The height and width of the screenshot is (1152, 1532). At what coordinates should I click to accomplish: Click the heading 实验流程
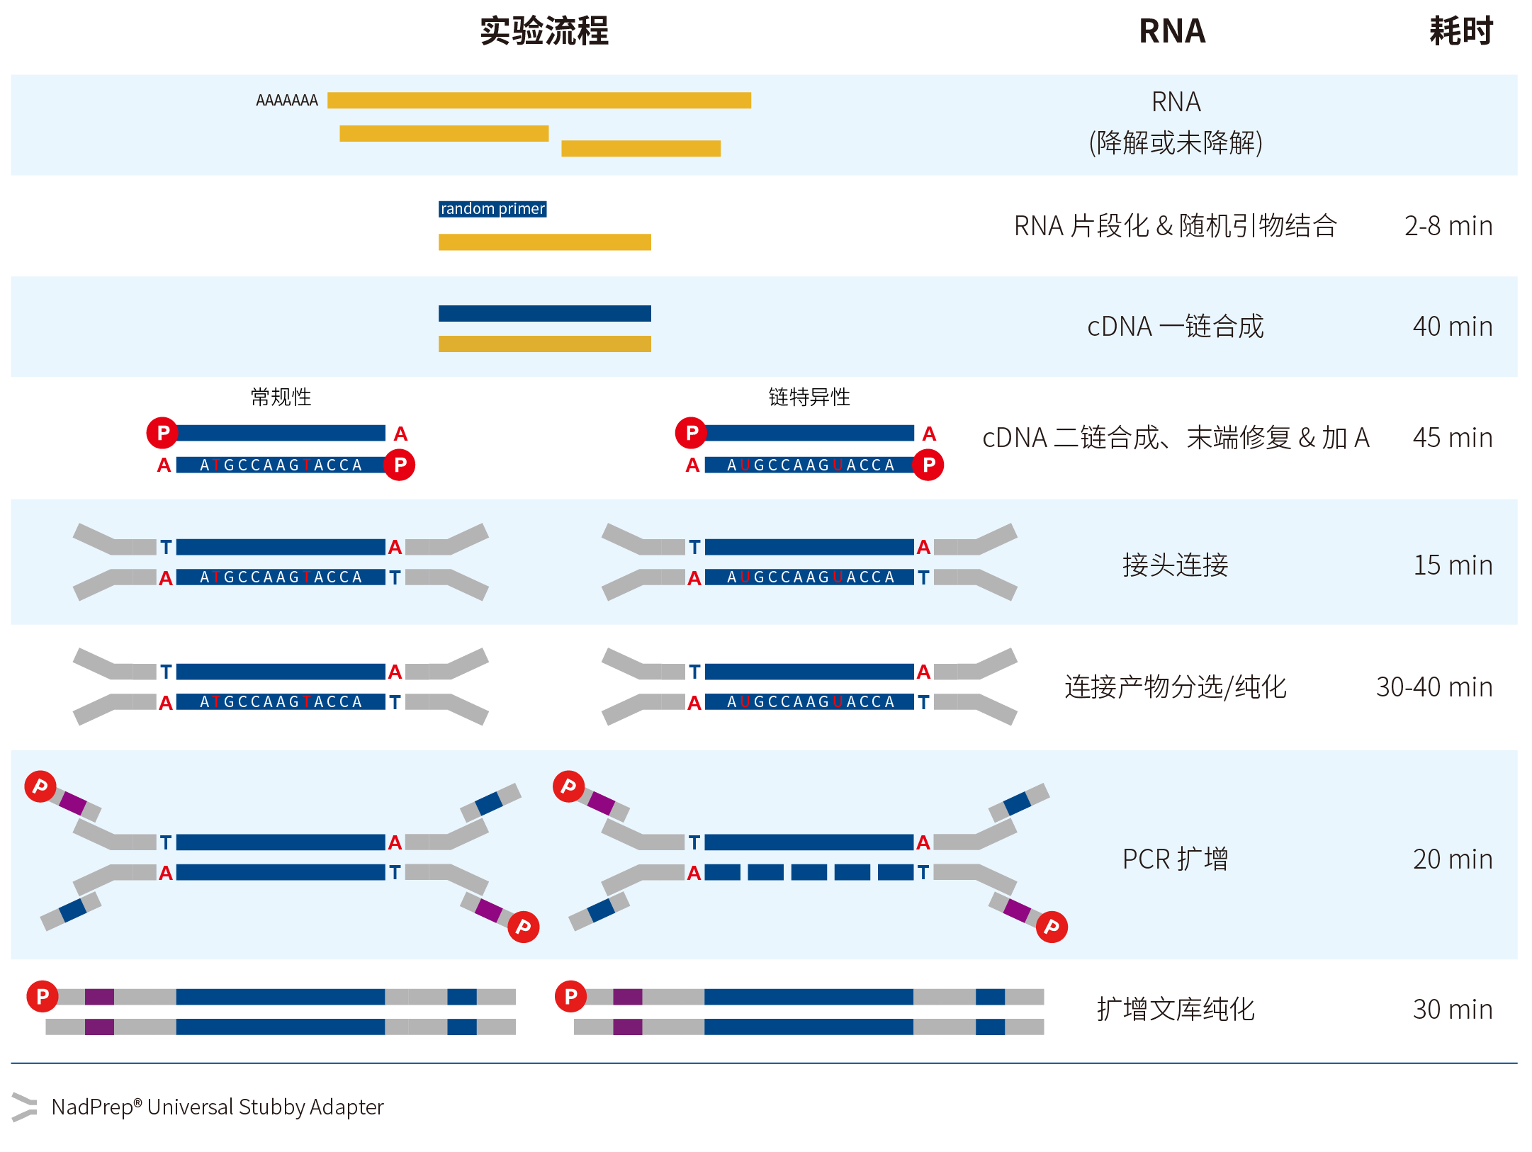click(543, 31)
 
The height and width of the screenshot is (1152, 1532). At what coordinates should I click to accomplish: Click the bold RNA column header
click(1172, 31)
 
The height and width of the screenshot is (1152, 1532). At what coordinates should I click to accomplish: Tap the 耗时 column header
click(1460, 31)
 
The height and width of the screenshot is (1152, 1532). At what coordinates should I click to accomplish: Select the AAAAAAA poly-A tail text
click(287, 101)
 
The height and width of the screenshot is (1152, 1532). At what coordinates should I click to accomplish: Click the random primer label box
click(492, 209)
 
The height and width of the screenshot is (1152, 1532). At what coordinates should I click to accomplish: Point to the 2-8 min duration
click(1448, 226)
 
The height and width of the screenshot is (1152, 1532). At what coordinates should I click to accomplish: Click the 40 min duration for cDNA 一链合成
click(1452, 327)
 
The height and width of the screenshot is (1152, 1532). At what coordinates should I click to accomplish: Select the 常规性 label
click(281, 397)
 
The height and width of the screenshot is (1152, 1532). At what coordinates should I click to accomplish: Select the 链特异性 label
click(809, 397)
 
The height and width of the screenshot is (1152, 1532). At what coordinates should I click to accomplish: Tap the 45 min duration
click(1452, 438)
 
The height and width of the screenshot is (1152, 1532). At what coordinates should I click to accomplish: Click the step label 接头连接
click(1175, 565)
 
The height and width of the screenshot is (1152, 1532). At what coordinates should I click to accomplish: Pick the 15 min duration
click(1453, 565)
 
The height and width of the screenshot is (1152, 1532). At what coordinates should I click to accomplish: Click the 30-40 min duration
click(1434, 687)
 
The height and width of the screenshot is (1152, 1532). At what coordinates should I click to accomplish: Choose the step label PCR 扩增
click(1175, 859)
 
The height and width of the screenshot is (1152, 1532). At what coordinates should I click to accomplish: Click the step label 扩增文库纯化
click(1175, 1010)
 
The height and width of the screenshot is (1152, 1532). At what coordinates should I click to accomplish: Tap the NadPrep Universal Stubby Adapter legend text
click(218, 1107)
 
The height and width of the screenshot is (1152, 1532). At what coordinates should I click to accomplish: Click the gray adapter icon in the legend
click(24, 1107)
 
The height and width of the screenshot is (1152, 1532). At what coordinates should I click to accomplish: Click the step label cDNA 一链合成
click(1175, 327)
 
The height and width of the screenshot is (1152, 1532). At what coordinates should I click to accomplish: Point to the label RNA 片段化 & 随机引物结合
click(1175, 226)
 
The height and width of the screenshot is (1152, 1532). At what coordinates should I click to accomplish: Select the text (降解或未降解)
click(1175, 143)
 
